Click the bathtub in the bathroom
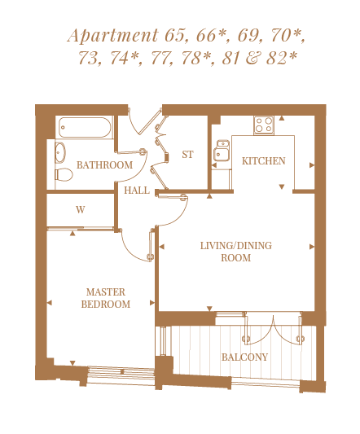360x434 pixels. pos(85,127)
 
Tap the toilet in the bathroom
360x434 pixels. pos(64,174)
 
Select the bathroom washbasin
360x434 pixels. pos(60,152)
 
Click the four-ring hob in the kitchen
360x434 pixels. pos(264,125)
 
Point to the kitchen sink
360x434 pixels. pos(221,151)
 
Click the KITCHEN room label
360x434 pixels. pos(264,161)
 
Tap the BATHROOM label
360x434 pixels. pos(104,165)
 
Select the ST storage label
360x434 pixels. pos(187,155)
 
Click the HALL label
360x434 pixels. pos(137,191)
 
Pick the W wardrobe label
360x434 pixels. pos(81,210)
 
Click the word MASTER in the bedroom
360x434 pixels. pos(106,292)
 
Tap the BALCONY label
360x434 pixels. pos(245,357)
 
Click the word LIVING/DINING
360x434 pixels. pos(236,246)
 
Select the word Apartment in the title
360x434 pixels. pos(113,36)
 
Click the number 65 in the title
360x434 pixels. pos(176,36)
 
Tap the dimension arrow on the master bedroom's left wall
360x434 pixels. pos(50,303)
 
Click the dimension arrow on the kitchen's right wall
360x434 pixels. pos(312,165)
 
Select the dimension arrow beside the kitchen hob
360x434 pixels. pos(282,118)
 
